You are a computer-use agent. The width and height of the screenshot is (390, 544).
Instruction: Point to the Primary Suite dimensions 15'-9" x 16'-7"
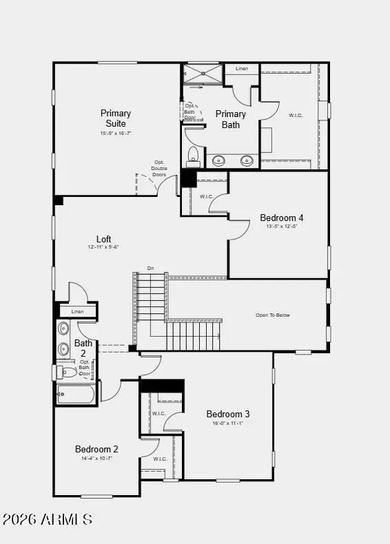point(115,134)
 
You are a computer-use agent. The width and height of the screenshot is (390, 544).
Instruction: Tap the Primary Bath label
point(230,119)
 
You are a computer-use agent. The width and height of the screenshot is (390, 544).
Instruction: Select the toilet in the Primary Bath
point(194,156)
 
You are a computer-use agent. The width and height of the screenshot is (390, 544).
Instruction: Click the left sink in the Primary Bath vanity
point(218,161)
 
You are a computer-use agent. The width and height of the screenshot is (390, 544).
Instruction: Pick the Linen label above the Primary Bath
point(241,69)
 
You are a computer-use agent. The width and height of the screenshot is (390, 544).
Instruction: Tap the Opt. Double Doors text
point(159,169)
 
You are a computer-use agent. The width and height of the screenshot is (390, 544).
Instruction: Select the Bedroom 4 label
point(282,218)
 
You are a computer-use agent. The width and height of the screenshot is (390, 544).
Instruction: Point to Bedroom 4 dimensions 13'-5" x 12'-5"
point(282,227)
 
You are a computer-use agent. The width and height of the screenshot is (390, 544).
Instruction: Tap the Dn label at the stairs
point(150,268)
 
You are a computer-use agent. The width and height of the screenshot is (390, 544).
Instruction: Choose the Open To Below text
point(273,315)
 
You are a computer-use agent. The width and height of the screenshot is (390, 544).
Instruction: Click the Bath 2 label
point(83,348)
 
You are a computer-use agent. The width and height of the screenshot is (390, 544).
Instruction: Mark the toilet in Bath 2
point(68,372)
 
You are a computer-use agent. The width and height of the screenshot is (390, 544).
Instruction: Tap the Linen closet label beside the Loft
point(77,312)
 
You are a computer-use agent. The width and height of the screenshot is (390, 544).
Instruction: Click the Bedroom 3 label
point(227,414)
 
